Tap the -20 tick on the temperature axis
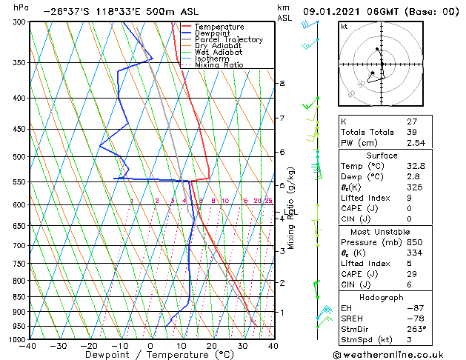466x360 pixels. (x=89, y=346)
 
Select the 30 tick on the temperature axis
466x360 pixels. (x=242, y=346)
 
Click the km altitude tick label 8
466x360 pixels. (x=282, y=84)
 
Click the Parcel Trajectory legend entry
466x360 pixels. (x=228, y=40)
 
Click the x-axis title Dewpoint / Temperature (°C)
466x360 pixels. (x=151, y=355)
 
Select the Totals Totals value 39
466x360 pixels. (x=412, y=132)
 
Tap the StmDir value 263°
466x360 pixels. (x=415, y=330)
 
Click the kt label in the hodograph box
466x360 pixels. (x=344, y=26)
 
